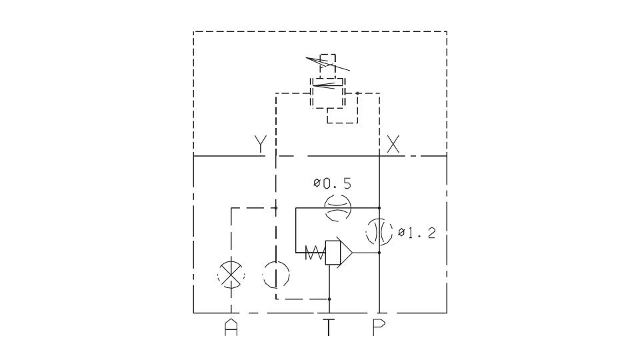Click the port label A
231,327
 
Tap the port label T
329,327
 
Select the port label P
379,327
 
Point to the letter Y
260,143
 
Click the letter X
393,144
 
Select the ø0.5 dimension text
332,184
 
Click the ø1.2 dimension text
417,233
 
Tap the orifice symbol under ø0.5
337,208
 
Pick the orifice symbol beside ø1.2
379,232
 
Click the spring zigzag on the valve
315,253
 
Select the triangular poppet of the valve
344,253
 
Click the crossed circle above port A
231,274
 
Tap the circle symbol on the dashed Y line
276,274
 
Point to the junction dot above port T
329,299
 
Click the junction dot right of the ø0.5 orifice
379,208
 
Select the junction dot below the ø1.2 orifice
379,253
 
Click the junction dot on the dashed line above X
357,93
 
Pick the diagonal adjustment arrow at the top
328,63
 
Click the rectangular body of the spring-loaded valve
333,253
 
